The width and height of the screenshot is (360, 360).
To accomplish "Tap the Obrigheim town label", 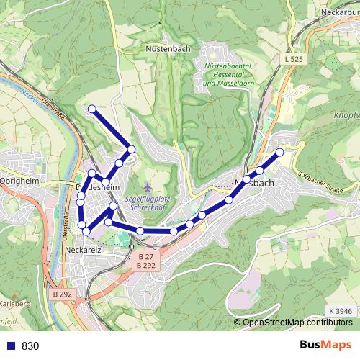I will [x=15, y=179].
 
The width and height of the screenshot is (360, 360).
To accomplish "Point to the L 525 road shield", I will [x=293, y=58].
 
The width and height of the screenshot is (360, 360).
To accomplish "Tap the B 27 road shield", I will [x=145, y=256].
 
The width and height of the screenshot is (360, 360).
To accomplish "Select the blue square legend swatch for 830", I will [x=10, y=346].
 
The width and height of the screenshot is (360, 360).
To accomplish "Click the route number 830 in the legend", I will [x=31, y=346].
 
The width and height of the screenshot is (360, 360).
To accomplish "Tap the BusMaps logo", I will [x=325, y=345].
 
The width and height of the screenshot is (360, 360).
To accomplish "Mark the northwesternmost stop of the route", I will [x=91, y=109].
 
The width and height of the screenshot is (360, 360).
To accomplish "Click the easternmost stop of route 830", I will [x=279, y=152].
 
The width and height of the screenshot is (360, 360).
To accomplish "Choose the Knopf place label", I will [x=346, y=115].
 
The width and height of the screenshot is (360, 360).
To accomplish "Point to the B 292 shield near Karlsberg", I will [x=63, y=294].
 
